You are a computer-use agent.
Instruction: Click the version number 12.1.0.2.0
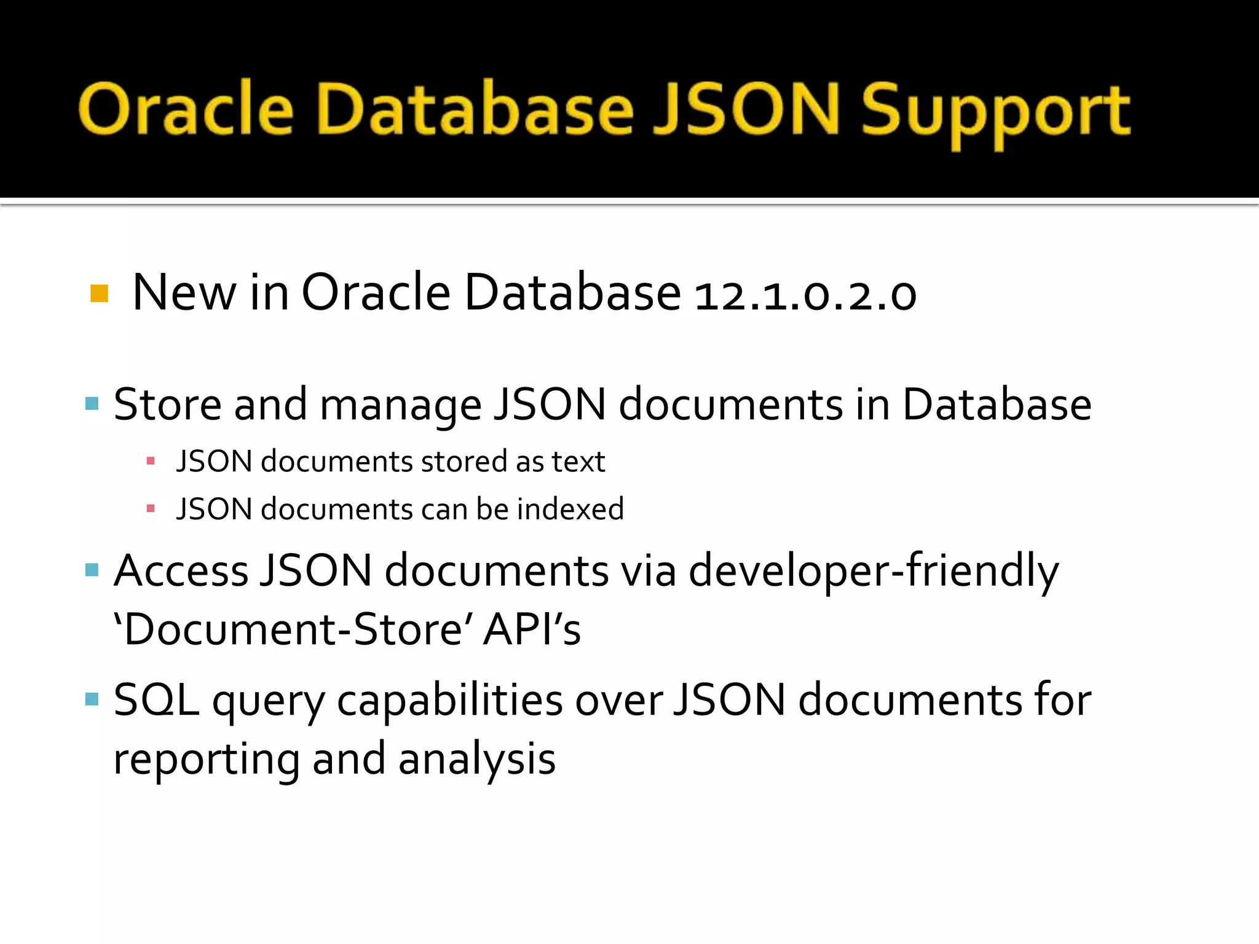point(805,294)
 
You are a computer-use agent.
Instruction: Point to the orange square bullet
point(99,293)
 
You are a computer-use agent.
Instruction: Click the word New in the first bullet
point(184,293)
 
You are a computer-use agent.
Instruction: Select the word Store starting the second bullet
point(167,405)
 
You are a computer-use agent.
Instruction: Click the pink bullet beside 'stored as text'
point(151,460)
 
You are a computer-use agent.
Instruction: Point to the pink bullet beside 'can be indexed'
point(151,508)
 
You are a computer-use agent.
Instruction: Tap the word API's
point(532,630)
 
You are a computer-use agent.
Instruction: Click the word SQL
point(156,700)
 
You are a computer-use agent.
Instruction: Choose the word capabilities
point(449,701)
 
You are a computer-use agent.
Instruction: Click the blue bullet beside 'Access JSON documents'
point(92,570)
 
